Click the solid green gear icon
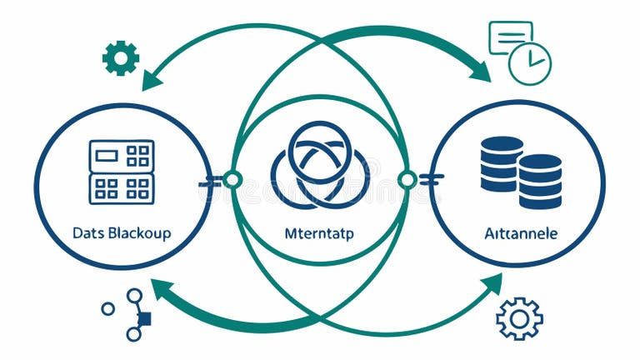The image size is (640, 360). coord(120,57)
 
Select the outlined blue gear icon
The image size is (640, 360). coord(519,318)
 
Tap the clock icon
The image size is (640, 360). coord(530,63)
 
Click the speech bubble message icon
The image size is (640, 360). coord(509,37)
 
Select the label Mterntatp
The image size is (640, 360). coord(319,233)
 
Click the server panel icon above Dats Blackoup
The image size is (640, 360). coord(122,172)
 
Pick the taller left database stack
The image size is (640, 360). coord(502,163)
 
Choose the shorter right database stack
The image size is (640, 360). coord(540,181)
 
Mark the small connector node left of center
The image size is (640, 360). coord(232,180)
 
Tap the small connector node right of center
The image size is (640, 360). coord(407,180)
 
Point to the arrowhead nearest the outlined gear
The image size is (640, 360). coord(492,284)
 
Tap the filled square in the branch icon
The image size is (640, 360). coord(143,318)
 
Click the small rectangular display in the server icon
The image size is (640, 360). coord(107,155)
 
